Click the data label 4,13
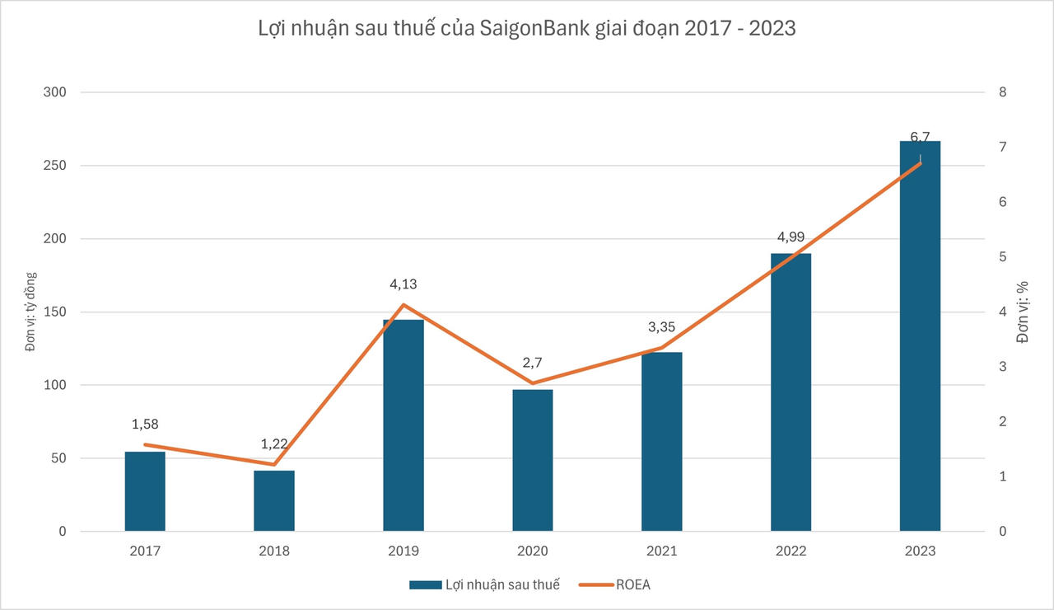403,284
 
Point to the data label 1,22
274,443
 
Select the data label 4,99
790,237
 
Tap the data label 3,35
661,327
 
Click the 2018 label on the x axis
274,551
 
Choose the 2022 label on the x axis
790,551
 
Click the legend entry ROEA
632,584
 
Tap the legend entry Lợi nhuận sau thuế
501,584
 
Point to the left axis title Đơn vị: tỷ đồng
30,312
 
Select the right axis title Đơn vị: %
1024,312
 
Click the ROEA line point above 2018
274,465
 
